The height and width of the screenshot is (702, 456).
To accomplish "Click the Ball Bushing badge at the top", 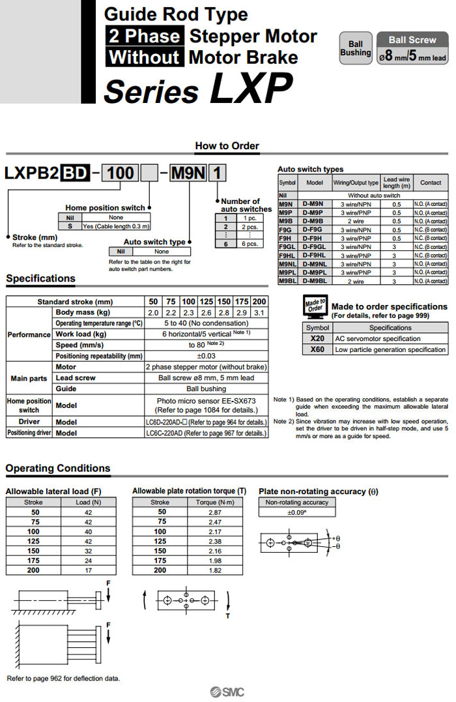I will (356, 49).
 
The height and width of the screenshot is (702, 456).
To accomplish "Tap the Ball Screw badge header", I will (412, 40).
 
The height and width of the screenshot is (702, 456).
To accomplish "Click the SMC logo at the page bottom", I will (227, 692).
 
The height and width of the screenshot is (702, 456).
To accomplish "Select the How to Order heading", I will (227, 146).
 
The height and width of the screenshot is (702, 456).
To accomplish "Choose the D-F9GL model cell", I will (315, 248).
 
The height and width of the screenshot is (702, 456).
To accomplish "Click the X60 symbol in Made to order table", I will (317, 349).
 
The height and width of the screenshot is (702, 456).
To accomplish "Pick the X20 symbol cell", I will (317, 338).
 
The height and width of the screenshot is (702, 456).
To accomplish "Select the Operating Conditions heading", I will (58, 468).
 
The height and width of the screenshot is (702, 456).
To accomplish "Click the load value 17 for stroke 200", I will (89, 570).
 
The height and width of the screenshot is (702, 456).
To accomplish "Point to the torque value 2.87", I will (215, 512).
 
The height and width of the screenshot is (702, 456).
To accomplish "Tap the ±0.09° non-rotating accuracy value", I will (297, 512).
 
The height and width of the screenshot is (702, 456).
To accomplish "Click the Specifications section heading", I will (40, 278).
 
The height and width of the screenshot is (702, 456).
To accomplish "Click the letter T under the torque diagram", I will (228, 615).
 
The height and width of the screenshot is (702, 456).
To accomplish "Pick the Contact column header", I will (431, 183).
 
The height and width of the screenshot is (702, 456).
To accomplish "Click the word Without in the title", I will (144, 57).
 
